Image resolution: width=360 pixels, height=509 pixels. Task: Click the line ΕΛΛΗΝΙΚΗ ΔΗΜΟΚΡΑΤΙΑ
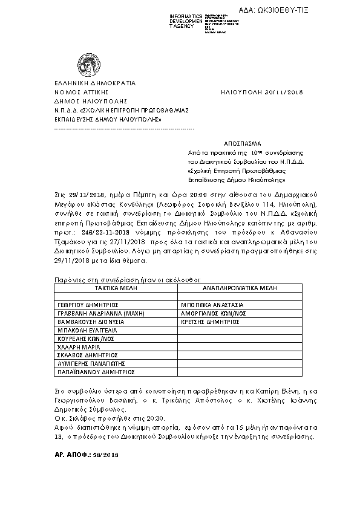[87, 83]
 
